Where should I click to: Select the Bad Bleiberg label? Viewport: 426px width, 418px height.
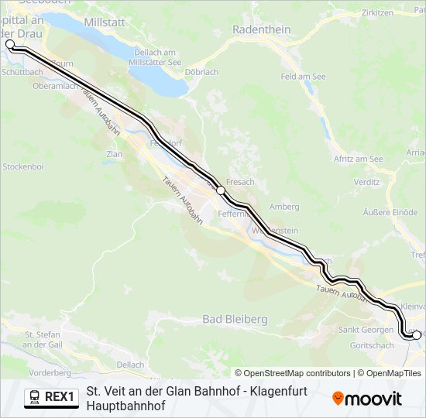tap(235, 319)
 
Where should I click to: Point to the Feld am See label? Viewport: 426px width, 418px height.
tap(303, 77)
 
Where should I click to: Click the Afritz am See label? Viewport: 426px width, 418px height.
tap(358, 159)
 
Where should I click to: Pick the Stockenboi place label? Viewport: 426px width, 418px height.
tap(22, 166)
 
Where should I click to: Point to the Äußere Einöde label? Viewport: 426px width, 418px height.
tap(390, 212)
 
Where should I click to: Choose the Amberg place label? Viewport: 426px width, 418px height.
tap(284, 207)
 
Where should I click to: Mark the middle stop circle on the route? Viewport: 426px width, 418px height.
tap(221, 190)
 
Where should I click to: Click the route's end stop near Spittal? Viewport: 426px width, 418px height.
tap(10, 44)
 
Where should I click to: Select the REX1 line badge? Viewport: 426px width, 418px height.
tap(51, 398)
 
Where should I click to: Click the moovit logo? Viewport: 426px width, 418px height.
tap(367, 399)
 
